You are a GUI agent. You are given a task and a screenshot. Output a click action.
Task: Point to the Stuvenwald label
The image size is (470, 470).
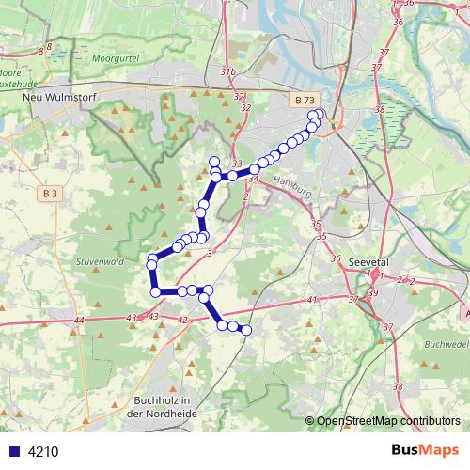pyautogui.click(x=100, y=261)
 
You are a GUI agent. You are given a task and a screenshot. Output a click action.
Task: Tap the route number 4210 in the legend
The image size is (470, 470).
pyautogui.click(x=43, y=451)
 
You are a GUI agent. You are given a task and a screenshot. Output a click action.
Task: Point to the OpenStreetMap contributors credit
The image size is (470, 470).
pyautogui.click(x=387, y=420)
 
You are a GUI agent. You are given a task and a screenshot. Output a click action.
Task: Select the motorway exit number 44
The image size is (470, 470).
pyautogui.click(x=78, y=321)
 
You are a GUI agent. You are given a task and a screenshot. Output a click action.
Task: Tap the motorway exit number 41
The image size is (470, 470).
pyautogui.click(x=311, y=300)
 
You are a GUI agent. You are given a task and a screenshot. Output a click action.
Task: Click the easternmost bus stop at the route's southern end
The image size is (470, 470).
pyautogui.click(x=247, y=330)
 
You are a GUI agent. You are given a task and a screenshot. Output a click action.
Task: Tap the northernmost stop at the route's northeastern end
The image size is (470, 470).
pyautogui.click(x=318, y=115)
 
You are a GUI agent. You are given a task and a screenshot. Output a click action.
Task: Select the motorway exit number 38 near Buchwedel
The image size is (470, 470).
pyautogui.click(x=398, y=386)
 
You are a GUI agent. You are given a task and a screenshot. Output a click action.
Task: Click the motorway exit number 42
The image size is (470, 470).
pyautogui.click(x=182, y=321)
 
